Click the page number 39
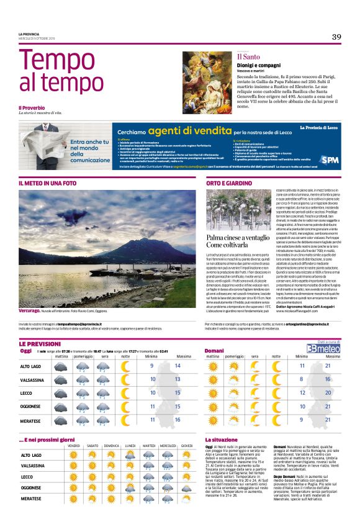coord(336,37)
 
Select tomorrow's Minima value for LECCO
coord(302,392)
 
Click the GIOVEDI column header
coord(186,445)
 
